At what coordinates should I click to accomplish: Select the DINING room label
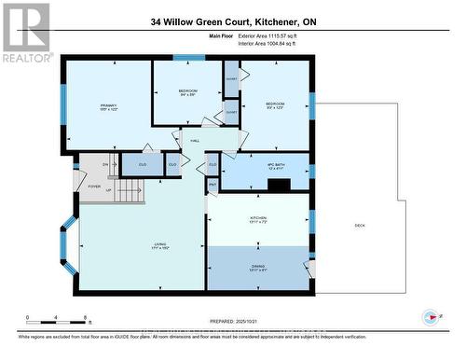coord(257,268)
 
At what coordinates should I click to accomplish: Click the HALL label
coord(195,141)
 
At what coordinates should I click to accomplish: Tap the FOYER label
coord(94,186)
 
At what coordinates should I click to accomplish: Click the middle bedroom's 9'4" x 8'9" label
coord(187,93)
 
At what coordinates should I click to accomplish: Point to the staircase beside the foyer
coord(131,192)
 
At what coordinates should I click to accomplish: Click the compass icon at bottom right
coord(430,316)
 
